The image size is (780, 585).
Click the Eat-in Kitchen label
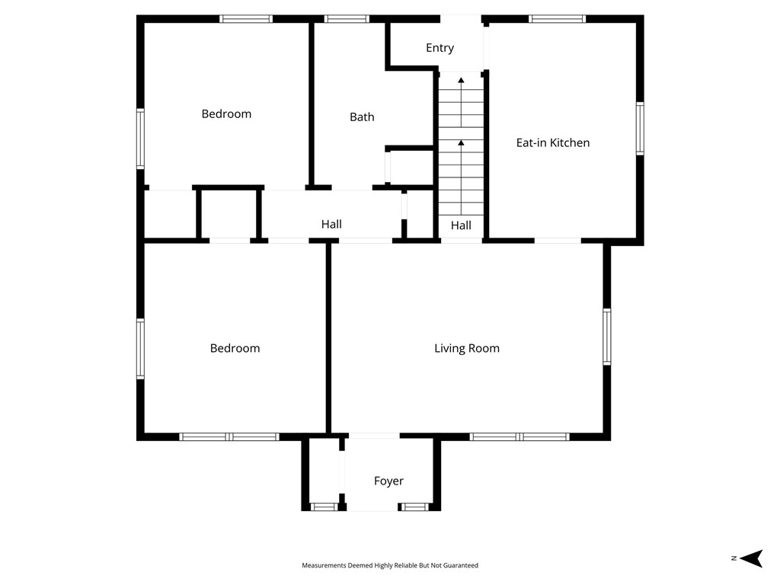pos(552,142)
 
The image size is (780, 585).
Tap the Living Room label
pos(467,348)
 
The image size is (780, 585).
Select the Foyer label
pos(388,481)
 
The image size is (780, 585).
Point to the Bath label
pos(362,117)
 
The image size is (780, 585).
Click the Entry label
pos(440,48)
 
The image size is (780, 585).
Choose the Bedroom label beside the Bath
pos(226,113)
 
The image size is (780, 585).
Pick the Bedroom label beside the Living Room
pos(235,348)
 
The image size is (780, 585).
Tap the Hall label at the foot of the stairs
pos(461,225)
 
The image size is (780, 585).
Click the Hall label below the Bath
pos(331,224)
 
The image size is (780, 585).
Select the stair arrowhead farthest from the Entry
pos(461,142)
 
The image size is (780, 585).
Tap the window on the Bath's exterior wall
pos(347,19)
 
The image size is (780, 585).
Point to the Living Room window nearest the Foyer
pos(495,436)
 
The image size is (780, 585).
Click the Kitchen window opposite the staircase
pos(640,129)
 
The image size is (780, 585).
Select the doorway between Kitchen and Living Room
pos(557,241)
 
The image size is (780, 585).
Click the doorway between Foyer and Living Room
pos(373,436)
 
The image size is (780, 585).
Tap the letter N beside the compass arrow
pos(734,558)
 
